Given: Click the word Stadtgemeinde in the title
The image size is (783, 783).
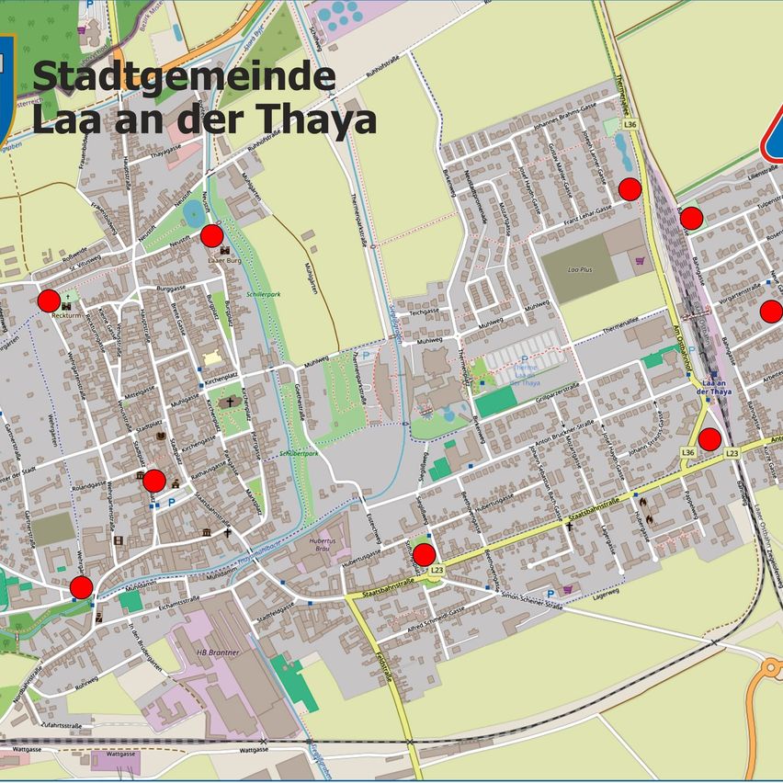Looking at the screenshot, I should (x=184, y=76).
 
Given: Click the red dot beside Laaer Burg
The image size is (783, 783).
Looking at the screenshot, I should (x=212, y=236).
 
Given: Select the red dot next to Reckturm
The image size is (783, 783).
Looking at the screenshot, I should (x=49, y=301).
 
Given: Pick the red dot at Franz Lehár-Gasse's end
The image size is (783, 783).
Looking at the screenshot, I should (x=630, y=189).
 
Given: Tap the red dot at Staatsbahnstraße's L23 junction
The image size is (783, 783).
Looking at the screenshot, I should (x=424, y=554).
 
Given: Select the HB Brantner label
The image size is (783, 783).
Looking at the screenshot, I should (x=218, y=652).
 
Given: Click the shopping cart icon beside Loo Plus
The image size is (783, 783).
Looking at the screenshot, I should (x=640, y=261).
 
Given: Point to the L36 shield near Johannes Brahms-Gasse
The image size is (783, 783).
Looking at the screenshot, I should (x=630, y=124).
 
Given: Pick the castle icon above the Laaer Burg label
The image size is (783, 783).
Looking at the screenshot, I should (x=213, y=252).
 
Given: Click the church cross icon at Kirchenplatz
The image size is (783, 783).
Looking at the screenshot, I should (x=227, y=402).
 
